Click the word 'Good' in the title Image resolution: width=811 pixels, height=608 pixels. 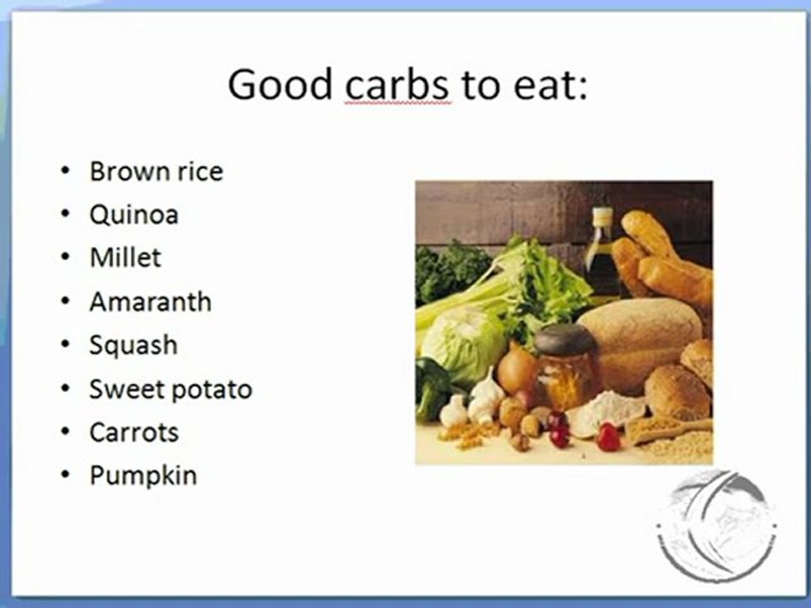pos(278,84)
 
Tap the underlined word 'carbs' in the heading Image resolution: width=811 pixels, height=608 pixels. pos(398,84)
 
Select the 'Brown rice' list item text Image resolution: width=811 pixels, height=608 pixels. pos(156,171)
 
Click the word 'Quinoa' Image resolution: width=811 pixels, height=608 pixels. pos(133,214)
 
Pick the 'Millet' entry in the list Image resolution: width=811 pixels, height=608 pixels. pos(125,258)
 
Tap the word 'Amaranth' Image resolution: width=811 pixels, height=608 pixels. pos(150,301)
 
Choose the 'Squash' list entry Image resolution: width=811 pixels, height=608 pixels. pos(133,345)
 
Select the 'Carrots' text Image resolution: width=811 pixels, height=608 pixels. pos(134,432)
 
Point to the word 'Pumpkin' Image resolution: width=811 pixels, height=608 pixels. pos(143,475)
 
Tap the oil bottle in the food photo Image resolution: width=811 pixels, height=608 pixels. pos(601,249)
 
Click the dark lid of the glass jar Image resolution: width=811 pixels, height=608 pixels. pos(566,339)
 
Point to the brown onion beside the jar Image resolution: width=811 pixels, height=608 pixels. pos(517,368)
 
